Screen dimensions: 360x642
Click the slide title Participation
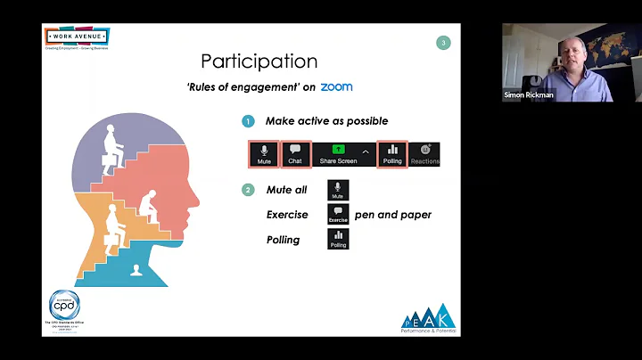(259, 61)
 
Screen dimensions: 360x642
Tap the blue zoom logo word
(336, 87)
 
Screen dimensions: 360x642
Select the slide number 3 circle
(444, 42)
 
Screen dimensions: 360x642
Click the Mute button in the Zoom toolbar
(264, 154)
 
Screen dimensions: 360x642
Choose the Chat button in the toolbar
(295, 154)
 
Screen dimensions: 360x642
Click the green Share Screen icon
(338, 150)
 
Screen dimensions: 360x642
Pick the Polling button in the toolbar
(392, 154)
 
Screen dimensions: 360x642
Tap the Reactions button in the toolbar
(424, 154)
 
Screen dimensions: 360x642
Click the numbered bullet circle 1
(248, 120)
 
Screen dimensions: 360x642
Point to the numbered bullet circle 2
(248, 190)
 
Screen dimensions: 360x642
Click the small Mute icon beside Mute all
(337, 190)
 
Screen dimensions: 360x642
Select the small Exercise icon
(338, 215)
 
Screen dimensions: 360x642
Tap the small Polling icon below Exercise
(338, 240)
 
